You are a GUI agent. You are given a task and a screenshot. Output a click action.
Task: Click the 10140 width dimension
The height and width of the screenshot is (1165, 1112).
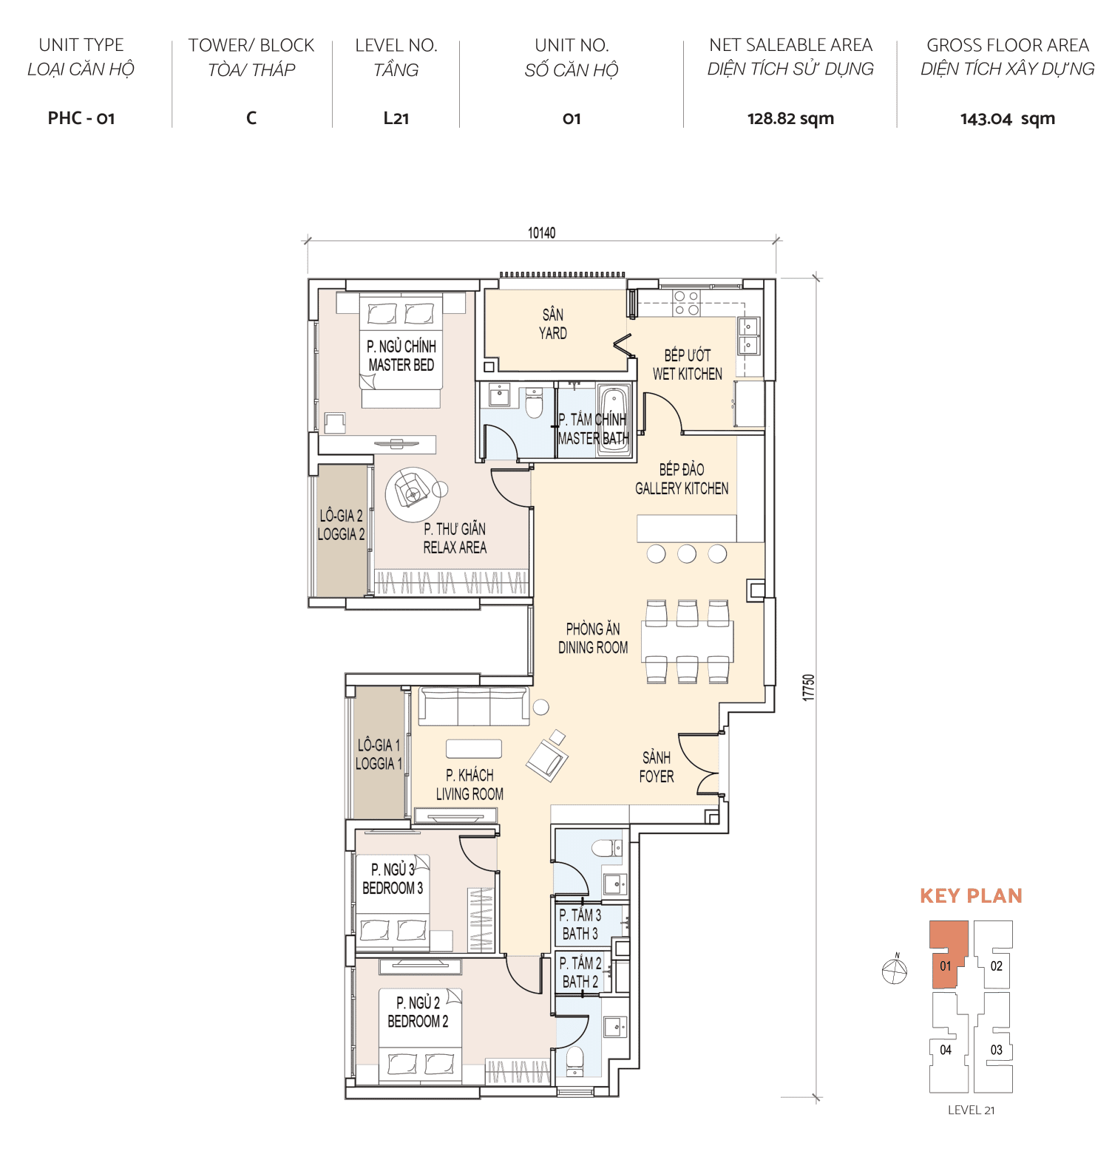(541, 233)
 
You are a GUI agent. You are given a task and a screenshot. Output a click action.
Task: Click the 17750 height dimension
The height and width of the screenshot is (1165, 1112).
(809, 687)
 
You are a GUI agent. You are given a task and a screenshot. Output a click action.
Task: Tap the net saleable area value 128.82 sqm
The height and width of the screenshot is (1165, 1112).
(790, 118)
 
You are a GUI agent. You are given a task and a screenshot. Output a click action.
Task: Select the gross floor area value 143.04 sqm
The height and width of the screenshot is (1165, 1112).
(1007, 118)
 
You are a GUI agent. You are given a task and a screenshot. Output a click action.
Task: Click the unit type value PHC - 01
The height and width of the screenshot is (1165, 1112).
(81, 118)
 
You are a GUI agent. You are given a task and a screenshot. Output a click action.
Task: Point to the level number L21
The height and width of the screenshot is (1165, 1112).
(396, 118)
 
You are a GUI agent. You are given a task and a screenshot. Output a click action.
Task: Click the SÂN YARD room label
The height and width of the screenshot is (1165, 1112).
(552, 324)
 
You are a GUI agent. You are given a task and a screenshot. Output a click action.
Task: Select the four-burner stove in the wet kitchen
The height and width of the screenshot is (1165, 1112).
(686, 304)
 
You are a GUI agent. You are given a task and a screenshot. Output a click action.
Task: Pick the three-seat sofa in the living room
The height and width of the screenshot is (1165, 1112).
(474, 706)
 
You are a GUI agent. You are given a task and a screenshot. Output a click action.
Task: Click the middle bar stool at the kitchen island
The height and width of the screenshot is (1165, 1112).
(687, 553)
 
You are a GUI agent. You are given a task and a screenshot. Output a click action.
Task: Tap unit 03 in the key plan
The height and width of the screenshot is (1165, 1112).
(995, 1050)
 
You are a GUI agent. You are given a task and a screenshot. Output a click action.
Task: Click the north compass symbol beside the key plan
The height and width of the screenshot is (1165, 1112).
(895, 971)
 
